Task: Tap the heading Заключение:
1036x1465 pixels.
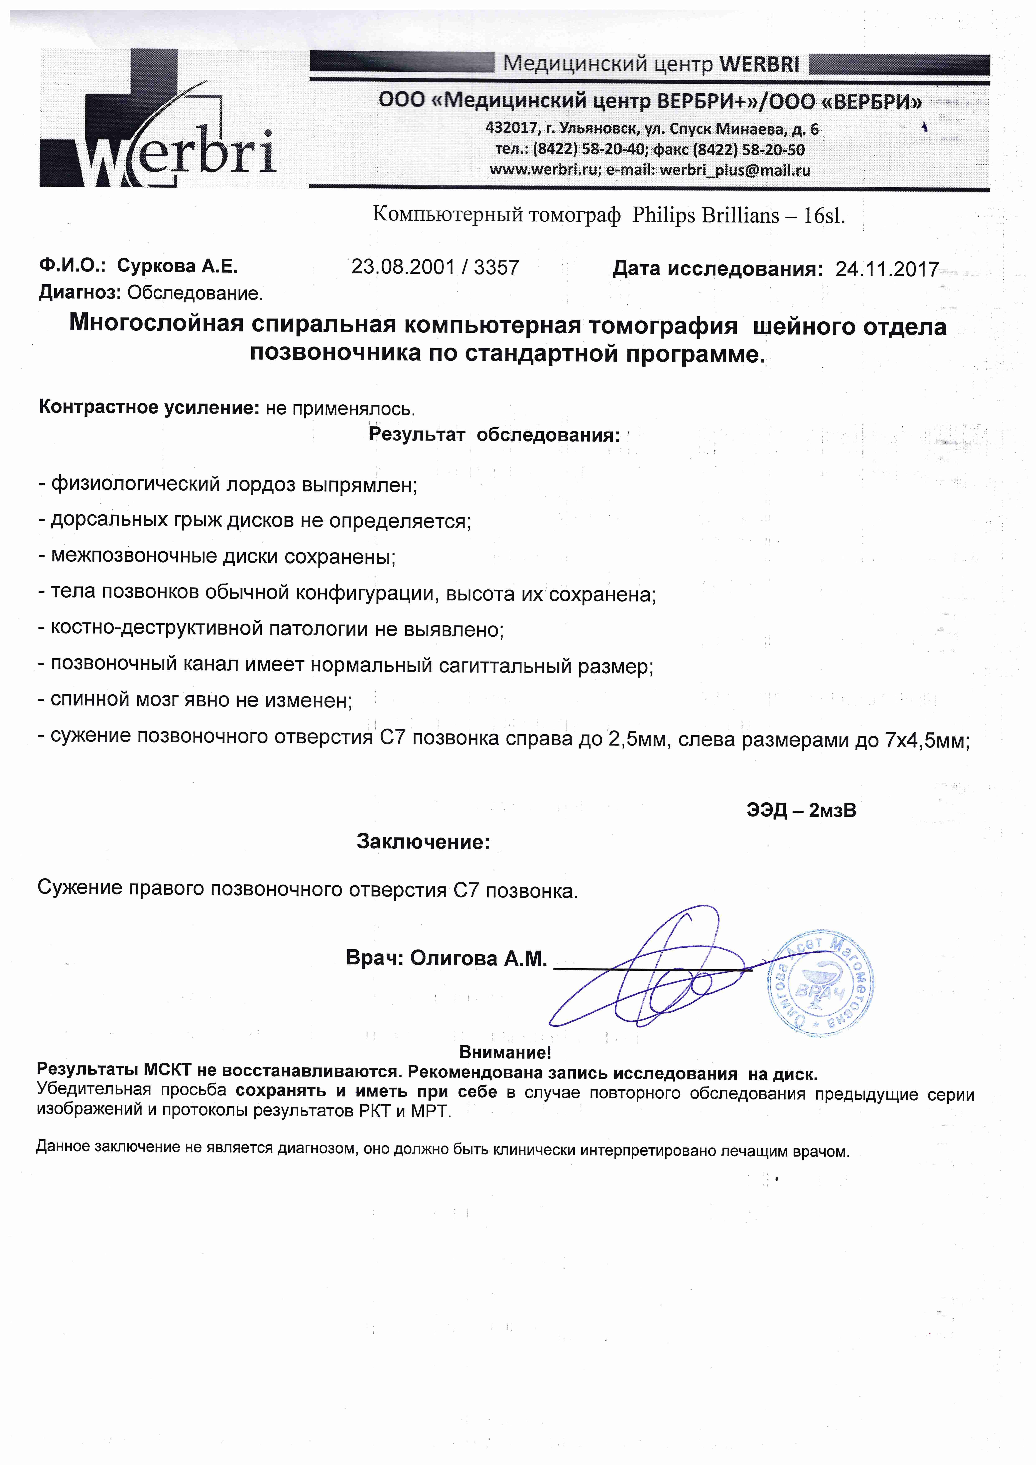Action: pyautogui.click(x=423, y=842)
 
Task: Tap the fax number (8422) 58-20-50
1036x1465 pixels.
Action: pyautogui.click(x=748, y=150)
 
